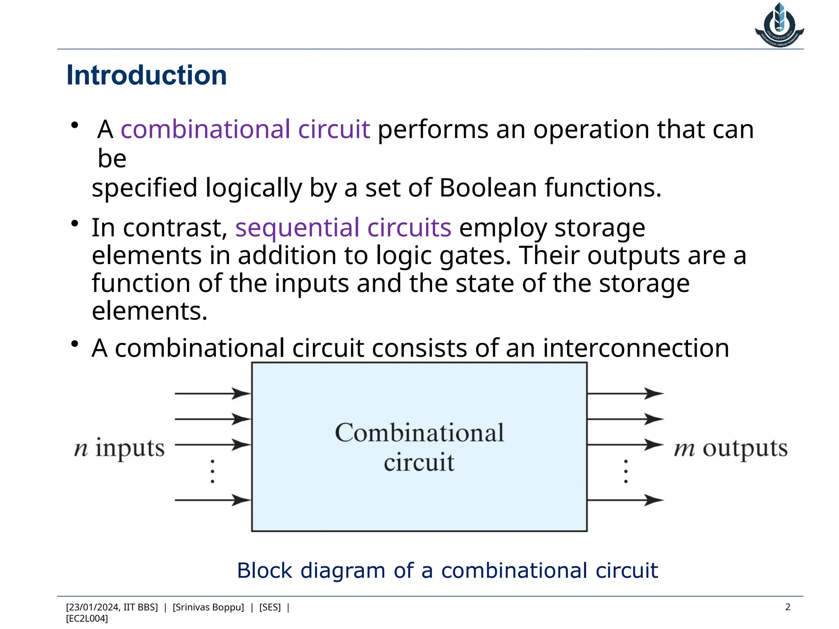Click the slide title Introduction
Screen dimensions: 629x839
click(x=146, y=76)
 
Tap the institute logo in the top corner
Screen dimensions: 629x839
click(x=779, y=25)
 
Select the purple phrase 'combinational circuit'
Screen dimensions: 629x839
click(x=245, y=129)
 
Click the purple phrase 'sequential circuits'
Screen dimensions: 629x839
click(x=343, y=228)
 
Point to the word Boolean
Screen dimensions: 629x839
click(x=488, y=188)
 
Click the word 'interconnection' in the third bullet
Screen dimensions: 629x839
click(x=636, y=348)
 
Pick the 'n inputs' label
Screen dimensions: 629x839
click(x=119, y=448)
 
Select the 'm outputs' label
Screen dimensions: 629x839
click(x=730, y=448)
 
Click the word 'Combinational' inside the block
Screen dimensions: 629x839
click(x=419, y=433)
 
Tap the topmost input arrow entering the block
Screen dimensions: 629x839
click(x=213, y=394)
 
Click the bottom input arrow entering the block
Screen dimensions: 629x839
click(x=213, y=500)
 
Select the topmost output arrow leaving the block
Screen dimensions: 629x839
click(x=625, y=394)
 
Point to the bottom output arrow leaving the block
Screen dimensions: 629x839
click(x=625, y=500)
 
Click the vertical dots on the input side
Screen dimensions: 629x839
click(x=212, y=471)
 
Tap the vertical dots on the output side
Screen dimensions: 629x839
click(x=626, y=471)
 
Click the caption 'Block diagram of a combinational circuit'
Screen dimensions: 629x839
click(x=447, y=570)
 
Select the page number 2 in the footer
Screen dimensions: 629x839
click(x=787, y=607)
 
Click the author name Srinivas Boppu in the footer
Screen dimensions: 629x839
click(x=208, y=607)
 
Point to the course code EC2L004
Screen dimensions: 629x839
click(x=87, y=618)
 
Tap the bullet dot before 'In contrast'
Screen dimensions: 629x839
click(x=74, y=224)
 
